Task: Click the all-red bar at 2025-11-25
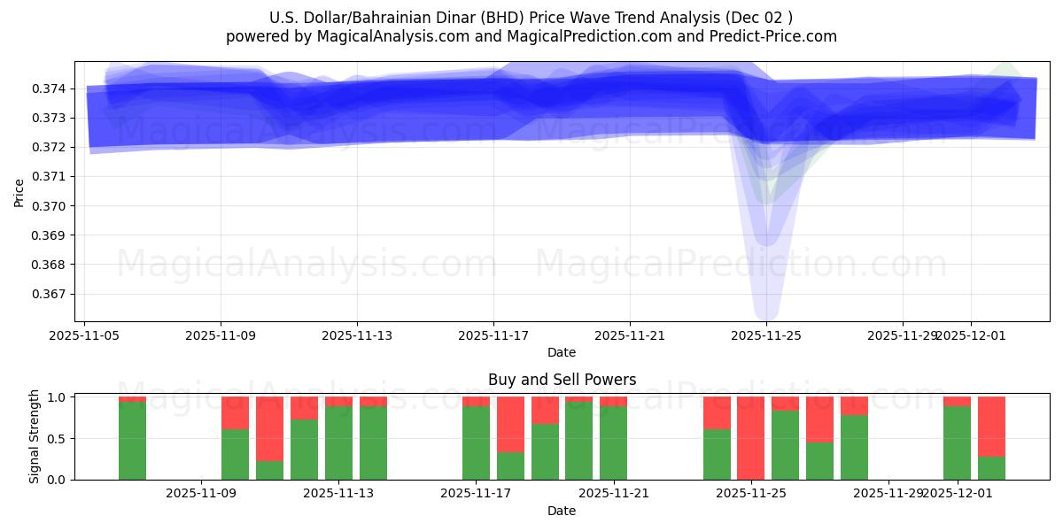coord(750,438)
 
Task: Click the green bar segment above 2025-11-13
coord(338,442)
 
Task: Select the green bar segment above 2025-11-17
coord(476,442)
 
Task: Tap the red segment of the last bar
coord(991,426)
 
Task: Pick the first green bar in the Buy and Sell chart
coord(132,441)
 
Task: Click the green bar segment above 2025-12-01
coord(957,442)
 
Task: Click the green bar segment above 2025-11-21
coord(613,442)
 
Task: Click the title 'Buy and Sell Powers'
coord(562,380)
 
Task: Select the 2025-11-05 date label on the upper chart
coord(84,335)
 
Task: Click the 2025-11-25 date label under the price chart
coord(766,335)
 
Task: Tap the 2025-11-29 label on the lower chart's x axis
coord(888,493)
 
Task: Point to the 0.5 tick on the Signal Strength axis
coord(59,439)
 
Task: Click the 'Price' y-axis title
coord(19,191)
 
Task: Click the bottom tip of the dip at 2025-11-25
coord(766,319)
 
